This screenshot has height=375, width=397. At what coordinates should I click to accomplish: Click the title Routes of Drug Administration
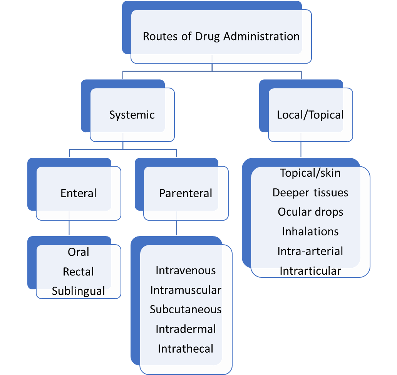tap(221, 37)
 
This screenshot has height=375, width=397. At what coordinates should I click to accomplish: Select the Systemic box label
tap(132, 115)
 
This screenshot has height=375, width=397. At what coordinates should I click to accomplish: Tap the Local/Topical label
tap(310, 115)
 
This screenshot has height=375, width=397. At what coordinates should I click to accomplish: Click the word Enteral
tap(79, 193)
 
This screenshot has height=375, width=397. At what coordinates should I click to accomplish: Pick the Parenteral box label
tap(186, 193)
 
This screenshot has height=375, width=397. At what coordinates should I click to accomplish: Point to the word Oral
tap(79, 252)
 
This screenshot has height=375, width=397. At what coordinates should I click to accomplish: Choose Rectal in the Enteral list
tap(79, 272)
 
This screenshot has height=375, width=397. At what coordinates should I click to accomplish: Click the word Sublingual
tap(79, 291)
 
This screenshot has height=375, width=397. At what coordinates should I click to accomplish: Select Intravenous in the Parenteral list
tap(186, 270)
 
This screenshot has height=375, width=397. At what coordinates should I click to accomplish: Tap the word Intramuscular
tap(186, 290)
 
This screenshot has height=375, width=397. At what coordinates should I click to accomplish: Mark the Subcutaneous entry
tap(186, 309)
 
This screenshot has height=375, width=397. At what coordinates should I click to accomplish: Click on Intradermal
tap(186, 329)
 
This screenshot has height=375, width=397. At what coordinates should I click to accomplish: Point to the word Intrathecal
tap(186, 349)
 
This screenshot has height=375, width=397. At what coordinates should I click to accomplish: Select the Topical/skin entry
tap(310, 173)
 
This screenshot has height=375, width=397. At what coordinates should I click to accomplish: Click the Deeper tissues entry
tap(310, 193)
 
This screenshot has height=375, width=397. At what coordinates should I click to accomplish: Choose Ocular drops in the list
tap(310, 212)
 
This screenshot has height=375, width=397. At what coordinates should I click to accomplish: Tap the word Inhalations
tap(310, 231)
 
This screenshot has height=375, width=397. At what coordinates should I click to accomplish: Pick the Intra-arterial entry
tap(310, 251)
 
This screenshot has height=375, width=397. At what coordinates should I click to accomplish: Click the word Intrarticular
tap(310, 271)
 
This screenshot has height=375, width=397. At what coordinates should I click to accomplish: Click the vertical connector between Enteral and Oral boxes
tap(69, 228)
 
